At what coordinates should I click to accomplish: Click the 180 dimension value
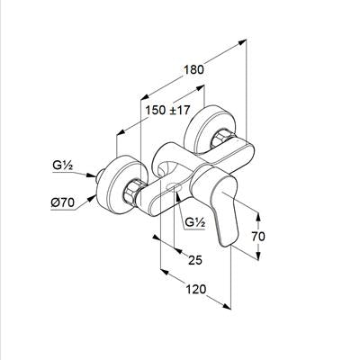(193, 69)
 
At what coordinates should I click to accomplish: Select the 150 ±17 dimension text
(167, 110)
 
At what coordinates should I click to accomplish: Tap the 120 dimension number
(196, 290)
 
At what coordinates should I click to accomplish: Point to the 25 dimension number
(195, 260)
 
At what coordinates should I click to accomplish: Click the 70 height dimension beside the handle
(258, 237)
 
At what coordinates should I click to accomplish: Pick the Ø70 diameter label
(62, 203)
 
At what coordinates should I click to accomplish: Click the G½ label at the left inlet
(62, 166)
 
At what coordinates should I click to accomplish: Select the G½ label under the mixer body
(195, 222)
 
